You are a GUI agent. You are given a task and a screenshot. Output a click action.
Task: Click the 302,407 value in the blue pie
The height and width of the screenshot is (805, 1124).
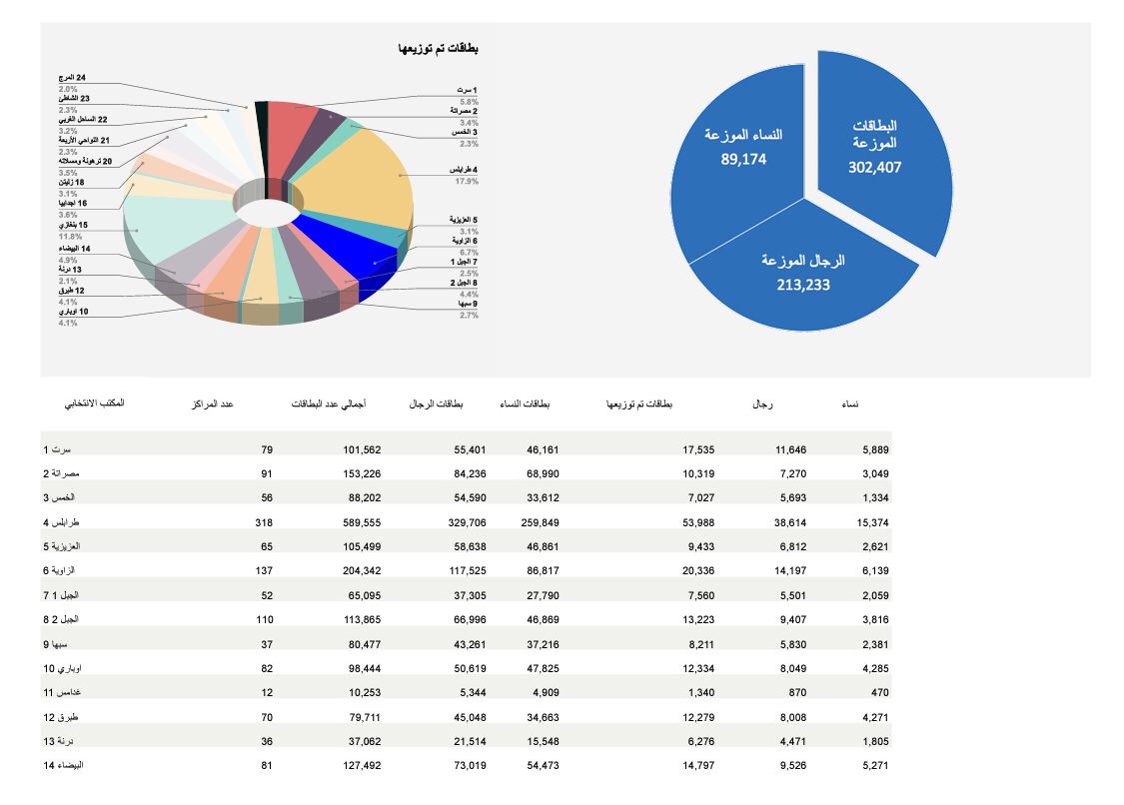coord(875,168)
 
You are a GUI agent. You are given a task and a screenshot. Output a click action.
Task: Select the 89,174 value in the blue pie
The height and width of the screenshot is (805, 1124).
coord(743,158)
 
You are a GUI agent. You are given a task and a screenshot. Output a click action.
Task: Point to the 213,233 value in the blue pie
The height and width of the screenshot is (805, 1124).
coord(802,285)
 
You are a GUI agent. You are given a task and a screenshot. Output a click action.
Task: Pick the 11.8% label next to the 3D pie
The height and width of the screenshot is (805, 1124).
coord(69,237)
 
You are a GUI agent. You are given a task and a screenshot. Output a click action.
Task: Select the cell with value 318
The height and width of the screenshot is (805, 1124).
coord(263,522)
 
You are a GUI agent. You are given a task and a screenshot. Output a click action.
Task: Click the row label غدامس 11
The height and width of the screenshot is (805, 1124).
coord(63,692)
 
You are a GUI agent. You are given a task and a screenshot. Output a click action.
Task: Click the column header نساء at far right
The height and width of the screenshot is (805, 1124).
coord(850,404)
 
